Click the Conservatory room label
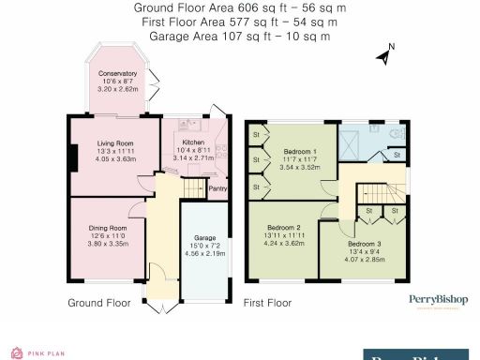[x=118, y=72]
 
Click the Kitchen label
[x=194, y=142]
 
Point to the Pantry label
[x=217, y=188]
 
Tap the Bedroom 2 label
[x=284, y=228]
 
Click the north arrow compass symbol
[x=384, y=55]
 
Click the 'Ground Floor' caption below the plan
[x=99, y=303]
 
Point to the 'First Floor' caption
[x=267, y=303]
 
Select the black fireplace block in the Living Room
[x=70, y=157]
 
